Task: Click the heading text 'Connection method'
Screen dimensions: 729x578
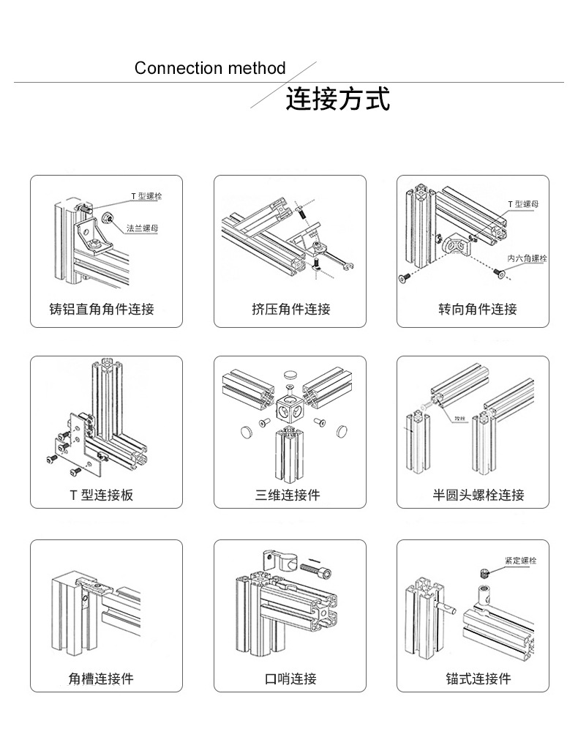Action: pyautogui.click(x=210, y=69)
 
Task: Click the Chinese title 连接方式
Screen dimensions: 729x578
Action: pyautogui.click(x=337, y=99)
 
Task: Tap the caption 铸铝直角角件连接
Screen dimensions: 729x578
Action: pyautogui.click(x=102, y=309)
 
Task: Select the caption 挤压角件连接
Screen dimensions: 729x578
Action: pyautogui.click(x=290, y=309)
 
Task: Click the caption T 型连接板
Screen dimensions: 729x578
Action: pyautogui.click(x=102, y=495)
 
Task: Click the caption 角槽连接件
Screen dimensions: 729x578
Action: pyautogui.click(x=102, y=678)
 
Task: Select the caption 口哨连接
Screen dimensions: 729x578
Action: pyautogui.click(x=290, y=678)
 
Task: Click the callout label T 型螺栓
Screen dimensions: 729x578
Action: pyautogui.click(x=146, y=196)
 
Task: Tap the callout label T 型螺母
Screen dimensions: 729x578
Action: pyautogui.click(x=523, y=204)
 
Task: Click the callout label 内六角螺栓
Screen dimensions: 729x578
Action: pyautogui.click(x=527, y=258)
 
